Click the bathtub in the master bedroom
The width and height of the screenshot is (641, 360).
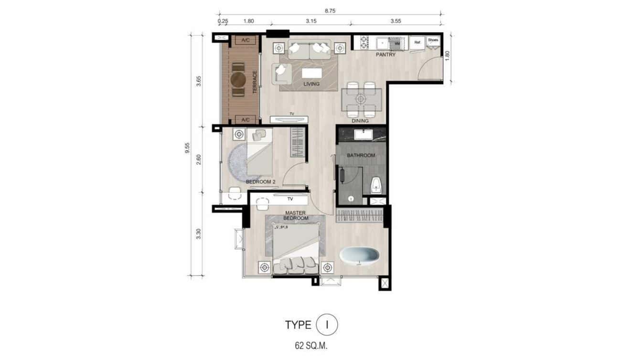click(360, 255)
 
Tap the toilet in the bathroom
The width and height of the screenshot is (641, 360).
click(375, 184)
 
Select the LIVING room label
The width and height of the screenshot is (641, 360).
click(311, 84)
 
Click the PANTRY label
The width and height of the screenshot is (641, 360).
click(385, 55)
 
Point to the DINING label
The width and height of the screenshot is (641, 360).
click(360, 121)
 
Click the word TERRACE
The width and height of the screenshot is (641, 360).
click(255, 82)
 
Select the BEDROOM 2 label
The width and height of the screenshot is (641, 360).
click(261, 182)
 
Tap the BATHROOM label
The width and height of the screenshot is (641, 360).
click(361, 156)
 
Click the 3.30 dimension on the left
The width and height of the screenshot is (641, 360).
click(199, 234)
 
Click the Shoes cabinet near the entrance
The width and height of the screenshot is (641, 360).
click(433, 42)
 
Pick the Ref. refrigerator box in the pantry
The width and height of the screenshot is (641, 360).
click(417, 42)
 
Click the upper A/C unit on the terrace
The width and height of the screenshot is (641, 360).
click(246, 40)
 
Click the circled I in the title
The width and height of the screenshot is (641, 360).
click(327, 325)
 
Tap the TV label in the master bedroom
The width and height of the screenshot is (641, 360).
click(289, 199)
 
